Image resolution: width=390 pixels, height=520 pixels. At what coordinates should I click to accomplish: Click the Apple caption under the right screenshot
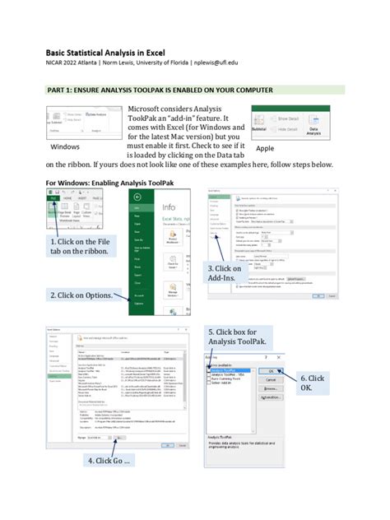pyautogui.click(x=264, y=148)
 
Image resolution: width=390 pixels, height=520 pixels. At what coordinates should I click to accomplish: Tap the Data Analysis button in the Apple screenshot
pyautogui.click(x=313, y=128)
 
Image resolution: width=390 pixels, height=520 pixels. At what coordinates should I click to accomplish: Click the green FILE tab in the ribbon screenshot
pyautogui.click(x=53, y=198)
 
